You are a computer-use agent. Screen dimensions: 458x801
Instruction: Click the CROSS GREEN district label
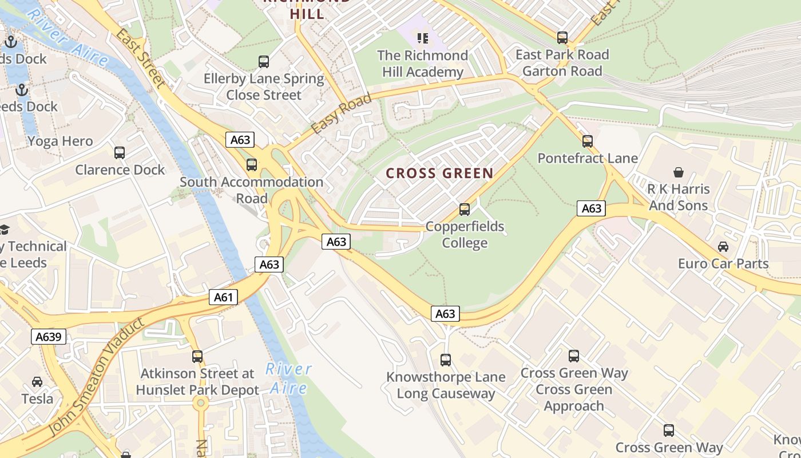(x=439, y=173)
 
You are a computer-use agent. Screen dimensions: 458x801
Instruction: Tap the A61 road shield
(x=223, y=297)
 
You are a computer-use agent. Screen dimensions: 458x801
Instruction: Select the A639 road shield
(x=49, y=337)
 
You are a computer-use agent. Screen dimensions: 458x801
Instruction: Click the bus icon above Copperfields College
(x=465, y=210)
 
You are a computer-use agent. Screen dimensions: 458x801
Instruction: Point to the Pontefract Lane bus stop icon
(x=587, y=141)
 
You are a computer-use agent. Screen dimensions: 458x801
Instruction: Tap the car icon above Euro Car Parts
(x=723, y=247)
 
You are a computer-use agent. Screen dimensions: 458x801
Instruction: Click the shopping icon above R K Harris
(x=679, y=172)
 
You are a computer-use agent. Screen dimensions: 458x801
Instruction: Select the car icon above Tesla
(x=37, y=381)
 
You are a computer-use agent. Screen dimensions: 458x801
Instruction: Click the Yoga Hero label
(x=60, y=141)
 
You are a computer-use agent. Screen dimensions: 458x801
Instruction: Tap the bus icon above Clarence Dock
(x=119, y=153)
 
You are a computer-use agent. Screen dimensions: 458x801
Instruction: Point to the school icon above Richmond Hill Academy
(x=423, y=38)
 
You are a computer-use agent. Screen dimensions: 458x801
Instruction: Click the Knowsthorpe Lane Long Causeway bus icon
(x=446, y=360)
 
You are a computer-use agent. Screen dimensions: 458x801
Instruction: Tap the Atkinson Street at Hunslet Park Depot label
(x=197, y=382)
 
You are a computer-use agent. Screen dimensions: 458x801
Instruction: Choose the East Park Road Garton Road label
(x=562, y=63)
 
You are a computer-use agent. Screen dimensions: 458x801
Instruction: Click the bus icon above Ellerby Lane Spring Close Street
(x=264, y=62)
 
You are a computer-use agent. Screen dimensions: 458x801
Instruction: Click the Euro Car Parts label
(x=723, y=264)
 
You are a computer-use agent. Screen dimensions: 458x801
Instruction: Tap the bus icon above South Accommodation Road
(x=251, y=165)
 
